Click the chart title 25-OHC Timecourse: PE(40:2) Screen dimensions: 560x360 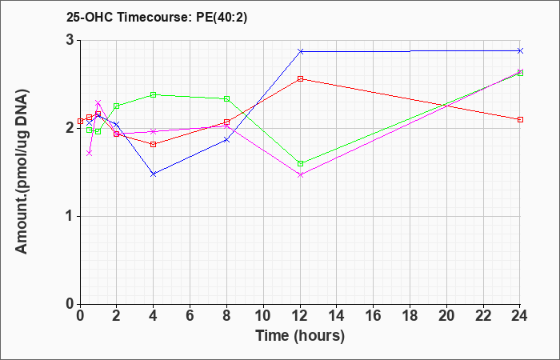157,18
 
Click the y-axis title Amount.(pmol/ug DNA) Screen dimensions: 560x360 22,171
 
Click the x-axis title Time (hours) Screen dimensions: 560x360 300,336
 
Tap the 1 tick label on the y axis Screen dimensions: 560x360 70,216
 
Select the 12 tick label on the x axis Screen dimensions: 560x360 300,316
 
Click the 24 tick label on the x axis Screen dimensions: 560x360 520,316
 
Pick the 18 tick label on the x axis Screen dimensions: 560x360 410,316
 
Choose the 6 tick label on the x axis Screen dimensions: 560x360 190,316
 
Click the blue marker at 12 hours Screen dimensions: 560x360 300,51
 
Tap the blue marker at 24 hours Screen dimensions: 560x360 520,50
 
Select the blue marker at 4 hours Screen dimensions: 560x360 154,174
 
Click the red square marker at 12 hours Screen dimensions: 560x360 300,79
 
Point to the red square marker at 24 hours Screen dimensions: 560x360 520,119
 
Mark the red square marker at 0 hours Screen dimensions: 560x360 80,121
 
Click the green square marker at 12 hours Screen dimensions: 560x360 300,163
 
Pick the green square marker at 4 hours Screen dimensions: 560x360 154,94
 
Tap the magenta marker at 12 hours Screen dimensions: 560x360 300,175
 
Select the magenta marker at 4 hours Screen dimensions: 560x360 154,131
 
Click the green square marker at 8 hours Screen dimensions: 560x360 226,98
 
